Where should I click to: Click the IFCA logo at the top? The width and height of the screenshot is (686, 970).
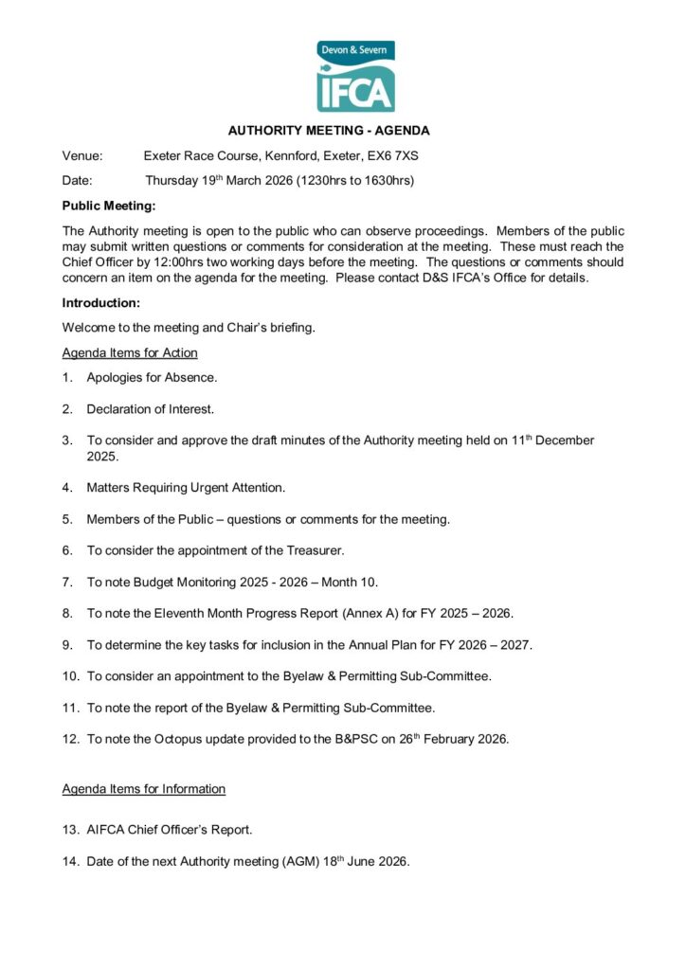[x=355, y=77]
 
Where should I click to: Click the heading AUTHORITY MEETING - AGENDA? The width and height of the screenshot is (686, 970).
[x=329, y=131]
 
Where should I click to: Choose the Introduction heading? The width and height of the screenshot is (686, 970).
[x=100, y=303]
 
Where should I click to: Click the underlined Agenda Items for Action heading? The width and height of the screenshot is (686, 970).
[x=130, y=352]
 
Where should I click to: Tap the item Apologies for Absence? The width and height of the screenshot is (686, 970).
[x=152, y=377]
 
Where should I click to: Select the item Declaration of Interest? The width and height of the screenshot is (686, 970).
[x=151, y=409]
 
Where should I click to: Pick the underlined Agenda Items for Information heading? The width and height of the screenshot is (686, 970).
[x=144, y=788]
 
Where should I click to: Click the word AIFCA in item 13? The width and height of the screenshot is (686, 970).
[x=105, y=830]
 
